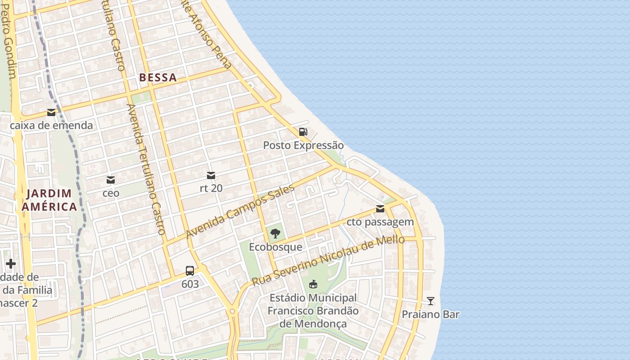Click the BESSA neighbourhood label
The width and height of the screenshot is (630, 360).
click(157, 77)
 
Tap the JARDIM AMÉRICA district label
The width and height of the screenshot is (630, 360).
click(49, 200)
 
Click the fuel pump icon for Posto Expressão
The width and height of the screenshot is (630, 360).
click(303, 132)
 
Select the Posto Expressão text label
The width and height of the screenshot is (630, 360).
click(303, 145)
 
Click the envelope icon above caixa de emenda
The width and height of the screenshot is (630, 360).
click(51, 112)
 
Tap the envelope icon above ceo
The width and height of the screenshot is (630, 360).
click(111, 180)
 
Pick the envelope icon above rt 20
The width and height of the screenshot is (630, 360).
click(211, 175)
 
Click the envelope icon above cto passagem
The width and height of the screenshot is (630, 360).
click(380, 209)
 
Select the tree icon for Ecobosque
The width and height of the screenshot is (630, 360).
click(275, 234)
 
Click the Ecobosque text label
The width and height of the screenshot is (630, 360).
click(275, 247)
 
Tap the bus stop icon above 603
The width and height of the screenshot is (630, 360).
click(190, 271)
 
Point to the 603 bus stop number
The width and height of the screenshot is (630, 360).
click(190, 284)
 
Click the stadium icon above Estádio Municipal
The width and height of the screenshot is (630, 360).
click(313, 284)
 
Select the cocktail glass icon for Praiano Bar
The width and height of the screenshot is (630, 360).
click(431, 301)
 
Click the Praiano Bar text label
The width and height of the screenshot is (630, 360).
click(431, 314)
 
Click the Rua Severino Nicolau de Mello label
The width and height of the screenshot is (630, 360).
click(328, 260)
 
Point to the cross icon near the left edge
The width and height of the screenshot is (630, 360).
click(11, 264)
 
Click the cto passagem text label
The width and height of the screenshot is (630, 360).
click(380, 222)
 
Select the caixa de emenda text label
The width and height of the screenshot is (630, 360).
click(51, 126)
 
